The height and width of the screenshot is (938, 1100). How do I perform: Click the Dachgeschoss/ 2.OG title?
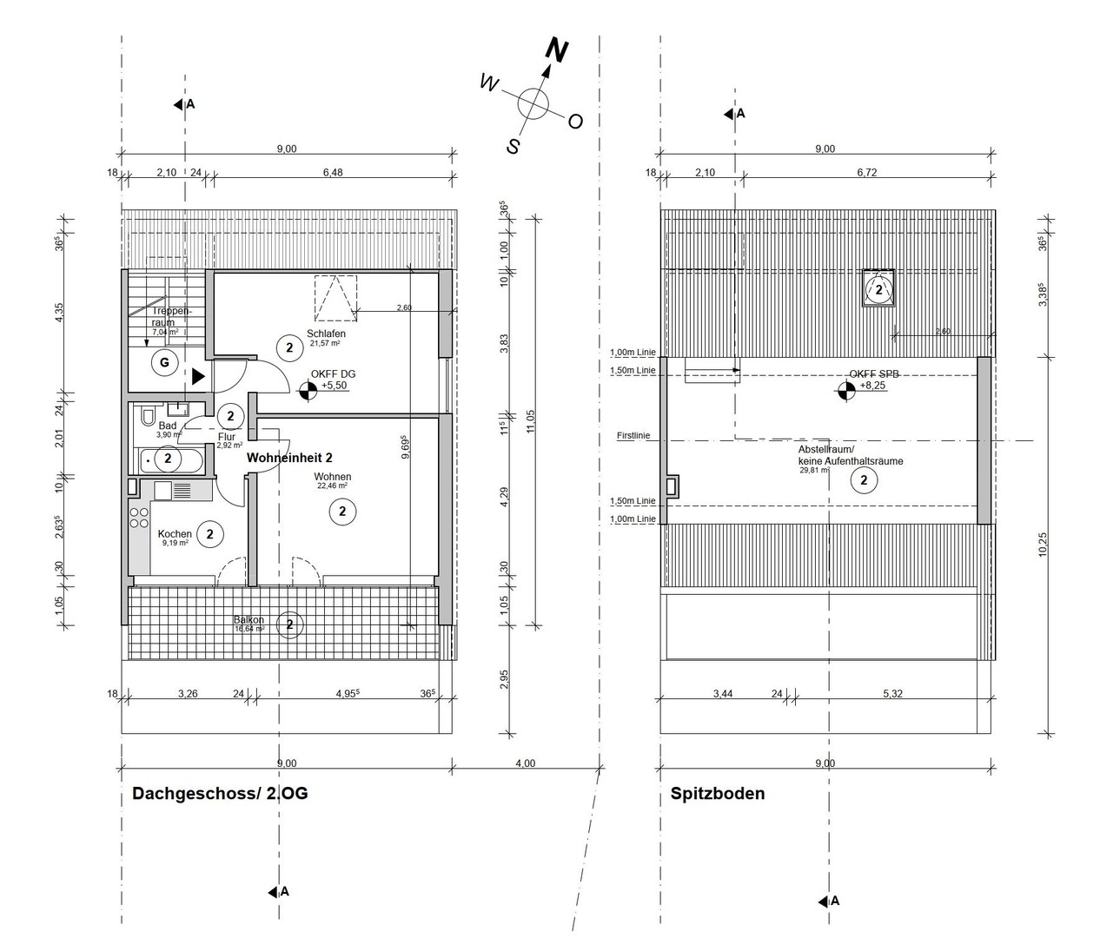pos(219,794)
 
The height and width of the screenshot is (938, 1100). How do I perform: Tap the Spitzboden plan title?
pos(718,794)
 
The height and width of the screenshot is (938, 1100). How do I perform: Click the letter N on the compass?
pos(556,51)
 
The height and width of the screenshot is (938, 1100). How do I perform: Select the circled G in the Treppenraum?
pos(165,362)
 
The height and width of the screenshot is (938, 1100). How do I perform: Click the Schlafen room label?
pos(326,334)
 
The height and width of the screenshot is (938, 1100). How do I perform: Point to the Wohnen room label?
pos(333,477)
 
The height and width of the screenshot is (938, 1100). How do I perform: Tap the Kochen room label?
pos(175,534)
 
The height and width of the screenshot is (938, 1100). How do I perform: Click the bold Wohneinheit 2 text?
pos(289,457)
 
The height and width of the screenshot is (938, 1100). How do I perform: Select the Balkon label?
pos(248,620)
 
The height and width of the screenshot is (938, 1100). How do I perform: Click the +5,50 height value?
pos(335,385)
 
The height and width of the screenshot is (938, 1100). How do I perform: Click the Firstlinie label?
pos(633,436)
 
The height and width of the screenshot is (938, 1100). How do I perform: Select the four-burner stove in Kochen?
pos(139,519)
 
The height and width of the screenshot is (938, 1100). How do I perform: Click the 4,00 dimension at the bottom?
pos(525,763)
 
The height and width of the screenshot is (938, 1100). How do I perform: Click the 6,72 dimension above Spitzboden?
pos(866,173)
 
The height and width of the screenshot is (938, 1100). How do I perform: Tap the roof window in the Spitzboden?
pos(878,289)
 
